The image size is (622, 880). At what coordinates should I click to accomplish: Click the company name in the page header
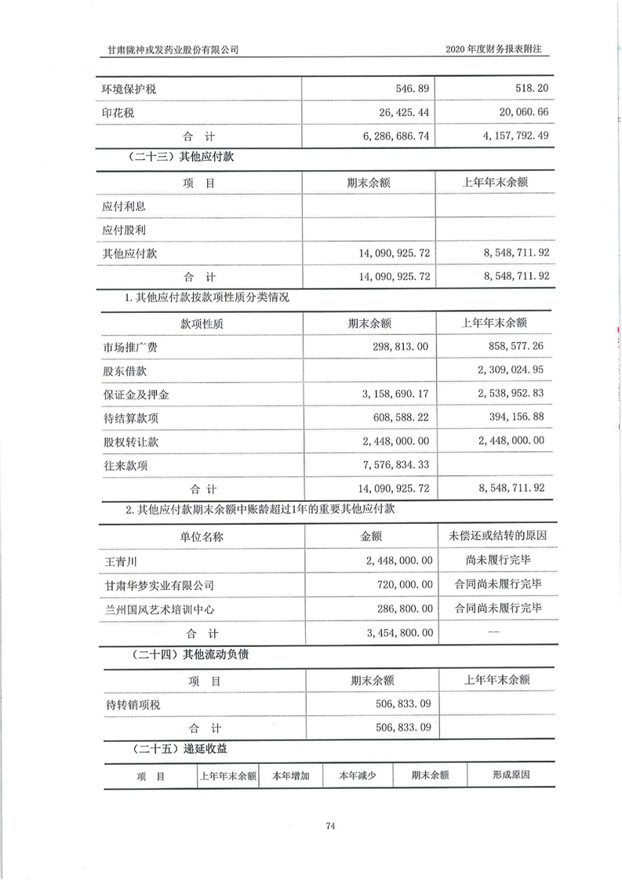(173, 49)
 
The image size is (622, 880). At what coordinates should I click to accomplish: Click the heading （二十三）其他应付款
(182, 157)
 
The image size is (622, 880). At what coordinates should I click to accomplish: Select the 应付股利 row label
(124, 231)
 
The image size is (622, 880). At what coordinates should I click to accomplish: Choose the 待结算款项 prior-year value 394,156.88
(515, 417)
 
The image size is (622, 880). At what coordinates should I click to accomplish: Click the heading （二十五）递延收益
(179, 748)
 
